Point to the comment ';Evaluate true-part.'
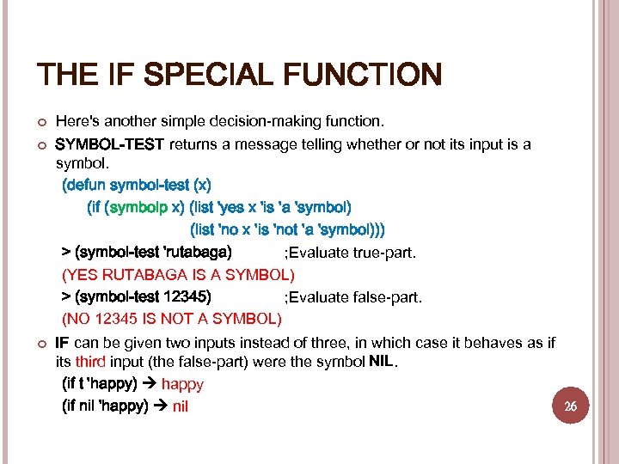[x=350, y=253]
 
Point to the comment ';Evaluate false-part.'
[x=353, y=298]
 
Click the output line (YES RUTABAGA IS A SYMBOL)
[x=178, y=275]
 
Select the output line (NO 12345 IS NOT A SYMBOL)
[x=172, y=320]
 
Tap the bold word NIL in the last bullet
[x=381, y=362]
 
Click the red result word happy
[x=182, y=385]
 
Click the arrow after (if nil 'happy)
[x=161, y=406]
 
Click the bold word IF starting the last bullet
[x=62, y=343]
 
